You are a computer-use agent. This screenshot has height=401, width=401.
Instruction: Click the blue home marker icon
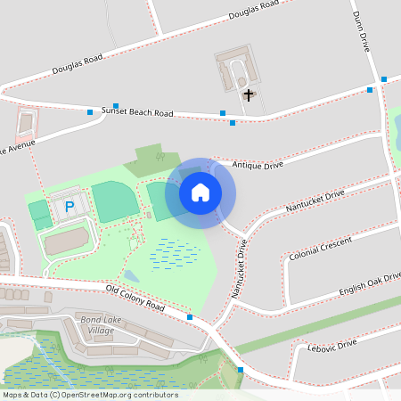(200, 192)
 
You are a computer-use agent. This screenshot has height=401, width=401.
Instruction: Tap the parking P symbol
(70, 207)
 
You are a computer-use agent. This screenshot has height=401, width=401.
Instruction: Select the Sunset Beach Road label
(137, 112)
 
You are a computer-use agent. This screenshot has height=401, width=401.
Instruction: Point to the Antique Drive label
(257, 165)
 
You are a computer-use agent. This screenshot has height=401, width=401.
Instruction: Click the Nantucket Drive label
(314, 201)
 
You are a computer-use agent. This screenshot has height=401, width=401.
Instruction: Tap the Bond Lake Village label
(99, 324)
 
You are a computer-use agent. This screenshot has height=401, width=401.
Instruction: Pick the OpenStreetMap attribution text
(90, 395)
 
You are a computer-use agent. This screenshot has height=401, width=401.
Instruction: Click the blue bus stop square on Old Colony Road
(190, 316)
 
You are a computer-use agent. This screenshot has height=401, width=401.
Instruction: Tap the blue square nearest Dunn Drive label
(384, 79)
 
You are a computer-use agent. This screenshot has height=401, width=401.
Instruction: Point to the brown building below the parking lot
(68, 239)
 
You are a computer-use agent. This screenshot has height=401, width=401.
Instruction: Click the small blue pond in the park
(132, 275)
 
